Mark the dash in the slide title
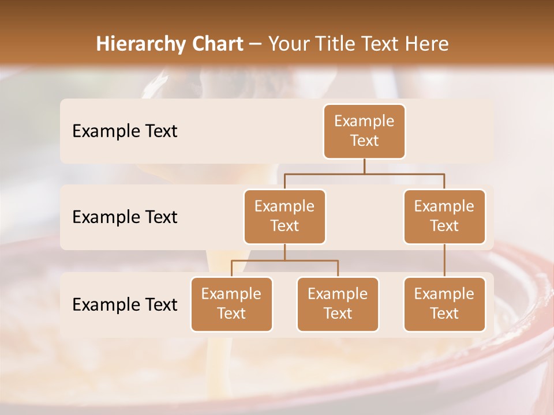click(256, 44)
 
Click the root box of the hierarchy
click(364, 131)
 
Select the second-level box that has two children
click(285, 216)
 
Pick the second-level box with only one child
click(444, 216)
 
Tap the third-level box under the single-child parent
click(444, 304)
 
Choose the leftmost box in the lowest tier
click(231, 304)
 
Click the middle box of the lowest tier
click(338, 304)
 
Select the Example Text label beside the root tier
click(125, 131)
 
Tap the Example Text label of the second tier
click(125, 217)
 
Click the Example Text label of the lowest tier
click(125, 304)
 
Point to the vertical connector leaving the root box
click(364, 166)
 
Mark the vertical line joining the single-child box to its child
click(444, 261)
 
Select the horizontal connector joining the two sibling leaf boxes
click(312, 261)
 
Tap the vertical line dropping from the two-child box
click(285, 252)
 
